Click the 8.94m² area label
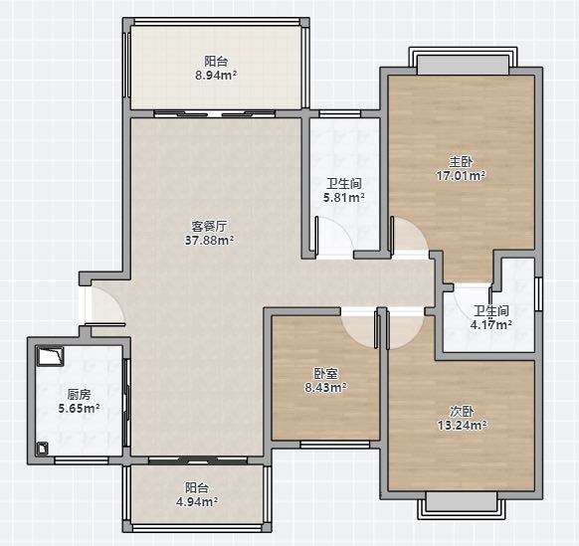[x=216, y=76]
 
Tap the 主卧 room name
[x=461, y=161]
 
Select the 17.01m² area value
[x=461, y=175]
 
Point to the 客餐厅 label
[x=209, y=226]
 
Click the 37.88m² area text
[x=209, y=241]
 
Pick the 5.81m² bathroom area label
[x=344, y=198]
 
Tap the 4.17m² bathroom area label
[x=491, y=325]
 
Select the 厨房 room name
[x=79, y=395]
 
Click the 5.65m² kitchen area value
[x=79, y=409]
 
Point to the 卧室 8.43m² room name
[x=325, y=374]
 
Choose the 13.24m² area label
[x=462, y=426]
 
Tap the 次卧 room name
[x=462, y=412]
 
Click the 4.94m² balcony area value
[x=196, y=502]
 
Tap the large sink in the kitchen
[x=50, y=356]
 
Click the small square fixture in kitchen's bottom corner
[x=43, y=449]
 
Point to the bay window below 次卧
[x=462, y=505]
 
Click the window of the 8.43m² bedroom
[x=335, y=445]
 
